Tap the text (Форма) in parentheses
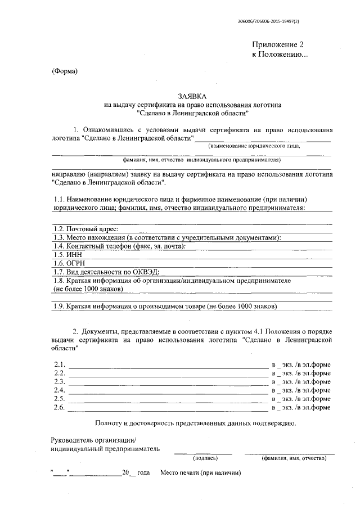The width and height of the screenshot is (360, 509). [x=64, y=71]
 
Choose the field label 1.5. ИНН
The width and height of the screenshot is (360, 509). [x=67, y=254]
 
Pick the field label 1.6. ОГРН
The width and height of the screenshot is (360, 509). [x=69, y=263]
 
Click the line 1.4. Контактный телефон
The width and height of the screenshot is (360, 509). [x=119, y=246]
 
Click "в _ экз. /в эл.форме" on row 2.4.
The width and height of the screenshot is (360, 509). [x=300, y=390]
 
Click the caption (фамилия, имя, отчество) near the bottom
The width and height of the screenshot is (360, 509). [x=294, y=458]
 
